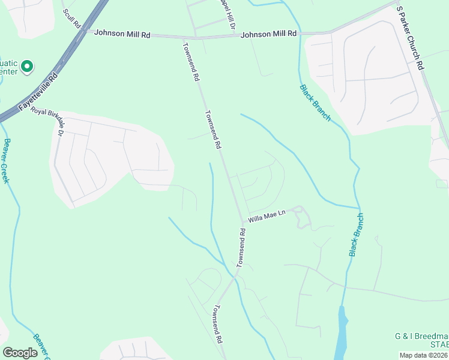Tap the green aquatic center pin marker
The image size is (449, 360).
pos(27,66)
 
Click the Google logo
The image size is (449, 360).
pos(20,353)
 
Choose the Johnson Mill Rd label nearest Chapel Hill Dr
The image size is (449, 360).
pos(269,35)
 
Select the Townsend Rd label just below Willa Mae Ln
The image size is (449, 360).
pos(241,248)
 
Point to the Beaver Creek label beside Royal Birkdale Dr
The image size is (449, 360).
pos(7,161)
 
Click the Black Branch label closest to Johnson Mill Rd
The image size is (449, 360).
pos(315,103)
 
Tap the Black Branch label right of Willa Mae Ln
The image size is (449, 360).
pos(357,235)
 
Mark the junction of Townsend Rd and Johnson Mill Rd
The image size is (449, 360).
pos(184,38)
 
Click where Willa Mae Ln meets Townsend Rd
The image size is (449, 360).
pos(244,223)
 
